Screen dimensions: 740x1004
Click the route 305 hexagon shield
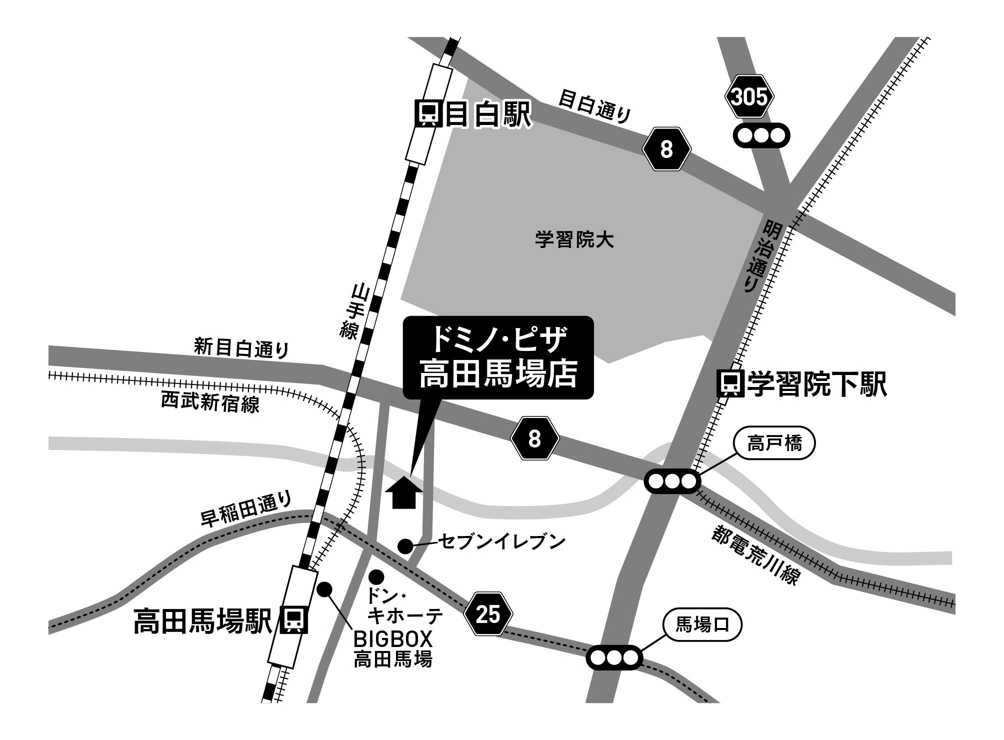pyautogui.click(x=749, y=97)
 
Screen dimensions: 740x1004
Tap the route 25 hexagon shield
pyautogui.click(x=488, y=614)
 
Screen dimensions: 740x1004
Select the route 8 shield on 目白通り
pyautogui.click(x=666, y=149)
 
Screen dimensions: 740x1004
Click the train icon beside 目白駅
pyautogui.click(x=428, y=114)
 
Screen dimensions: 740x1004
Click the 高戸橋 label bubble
pyautogui.click(x=774, y=443)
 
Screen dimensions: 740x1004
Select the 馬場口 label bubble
pyautogui.click(x=702, y=624)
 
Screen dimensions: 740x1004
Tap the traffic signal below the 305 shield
pyautogui.click(x=761, y=135)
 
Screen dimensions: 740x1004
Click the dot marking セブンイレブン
pyautogui.click(x=405, y=546)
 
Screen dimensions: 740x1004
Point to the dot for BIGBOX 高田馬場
pyautogui.click(x=324, y=589)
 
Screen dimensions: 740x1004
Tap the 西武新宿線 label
pyautogui.click(x=210, y=403)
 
